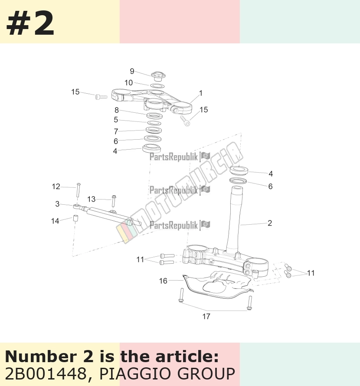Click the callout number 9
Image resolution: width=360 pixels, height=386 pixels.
click(132, 71)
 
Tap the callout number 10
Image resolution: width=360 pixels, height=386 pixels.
click(128, 83)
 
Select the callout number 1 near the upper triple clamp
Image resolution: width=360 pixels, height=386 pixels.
click(201, 93)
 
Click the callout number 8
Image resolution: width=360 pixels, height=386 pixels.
click(117, 110)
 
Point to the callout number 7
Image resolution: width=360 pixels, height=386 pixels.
click(116, 131)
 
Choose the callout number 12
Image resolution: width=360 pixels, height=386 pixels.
click(56, 186)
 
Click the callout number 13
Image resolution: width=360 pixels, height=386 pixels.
click(92, 199)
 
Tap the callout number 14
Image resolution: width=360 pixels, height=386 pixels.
click(55, 221)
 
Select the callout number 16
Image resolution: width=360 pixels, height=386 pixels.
click(163, 281)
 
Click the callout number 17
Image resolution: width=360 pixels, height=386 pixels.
click(206, 316)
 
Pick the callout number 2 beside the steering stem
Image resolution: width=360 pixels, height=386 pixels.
click(270, 223)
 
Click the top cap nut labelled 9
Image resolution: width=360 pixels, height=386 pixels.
click(158, 76)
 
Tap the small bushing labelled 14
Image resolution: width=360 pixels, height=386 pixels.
click(75, 218)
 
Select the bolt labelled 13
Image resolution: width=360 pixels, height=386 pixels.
click(114, 201)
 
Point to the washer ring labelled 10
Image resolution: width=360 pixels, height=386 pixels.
click(157, 86)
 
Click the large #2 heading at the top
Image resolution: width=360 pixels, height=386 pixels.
click(30, 24)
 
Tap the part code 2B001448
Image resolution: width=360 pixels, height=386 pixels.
click(46, 374)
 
